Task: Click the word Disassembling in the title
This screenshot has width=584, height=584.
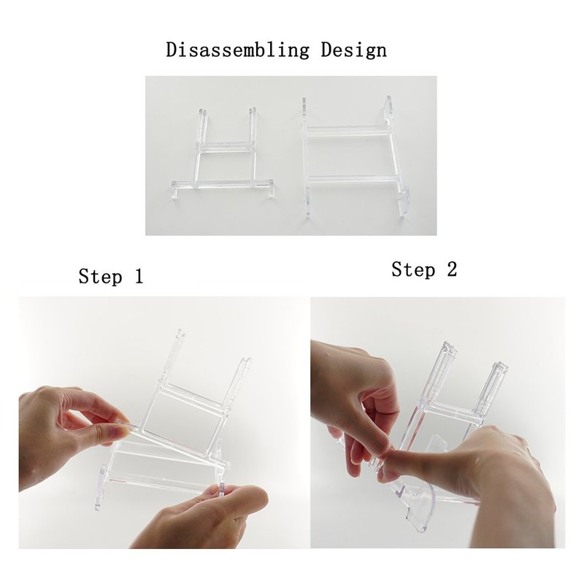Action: click(x=237, y=50)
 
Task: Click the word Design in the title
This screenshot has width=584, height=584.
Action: click(x=354, y=50)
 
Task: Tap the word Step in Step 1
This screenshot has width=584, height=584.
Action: click(x=100, y=277)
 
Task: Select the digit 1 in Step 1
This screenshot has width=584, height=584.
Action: click(x=139, y=276)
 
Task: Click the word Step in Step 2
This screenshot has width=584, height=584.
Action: click(x=413, y=269)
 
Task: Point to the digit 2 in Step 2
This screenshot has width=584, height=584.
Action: click(x=452, y=269)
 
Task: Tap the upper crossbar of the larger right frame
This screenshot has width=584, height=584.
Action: click(x=347, y=131)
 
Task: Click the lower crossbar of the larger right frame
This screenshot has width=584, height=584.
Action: click(x=353, y=179)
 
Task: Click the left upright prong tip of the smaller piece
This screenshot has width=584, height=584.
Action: click(x=201, y=111)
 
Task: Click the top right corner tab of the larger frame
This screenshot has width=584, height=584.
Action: click(x=388, y=104)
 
